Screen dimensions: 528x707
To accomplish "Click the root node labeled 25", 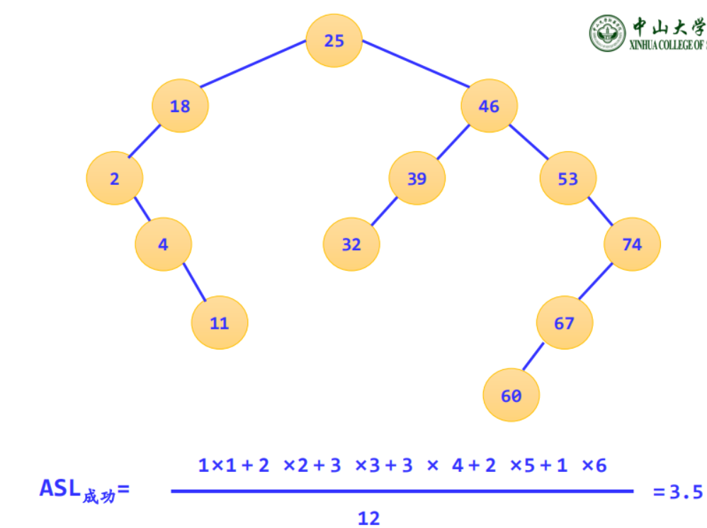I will (334, 41).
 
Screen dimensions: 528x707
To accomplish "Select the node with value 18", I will (180, 106).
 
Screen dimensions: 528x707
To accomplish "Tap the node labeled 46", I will (489, 106).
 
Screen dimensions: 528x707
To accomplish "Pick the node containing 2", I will (115, 179).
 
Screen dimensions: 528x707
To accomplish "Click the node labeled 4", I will (163, 245).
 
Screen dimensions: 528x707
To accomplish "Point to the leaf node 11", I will (220, 323).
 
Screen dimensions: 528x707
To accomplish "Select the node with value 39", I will (417, 179).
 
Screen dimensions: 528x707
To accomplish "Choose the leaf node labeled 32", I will (351, 245).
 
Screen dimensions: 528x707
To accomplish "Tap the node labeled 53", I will (567, 179).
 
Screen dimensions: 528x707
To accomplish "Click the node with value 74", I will (632, 245).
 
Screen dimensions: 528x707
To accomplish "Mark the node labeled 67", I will (564, 323).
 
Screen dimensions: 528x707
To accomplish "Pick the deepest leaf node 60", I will (511, 395).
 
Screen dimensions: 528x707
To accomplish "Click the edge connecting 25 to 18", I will (253, 64).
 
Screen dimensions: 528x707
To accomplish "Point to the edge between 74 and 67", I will (596, 282).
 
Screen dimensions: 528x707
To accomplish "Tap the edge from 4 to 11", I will (193, 282).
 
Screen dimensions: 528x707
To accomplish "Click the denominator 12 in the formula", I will (368, 518).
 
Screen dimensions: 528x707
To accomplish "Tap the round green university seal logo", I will (608, 33).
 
